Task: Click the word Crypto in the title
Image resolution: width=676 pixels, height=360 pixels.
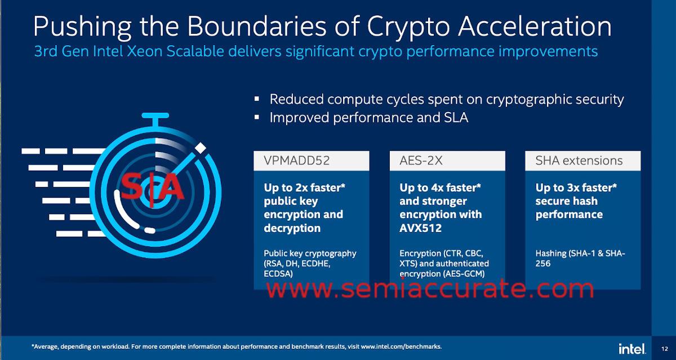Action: [408, 28]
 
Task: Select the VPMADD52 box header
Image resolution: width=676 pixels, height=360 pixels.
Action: [312, 161]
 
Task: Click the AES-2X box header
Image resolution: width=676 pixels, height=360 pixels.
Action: [447, 161]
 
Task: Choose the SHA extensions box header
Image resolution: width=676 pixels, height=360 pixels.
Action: [582, 161]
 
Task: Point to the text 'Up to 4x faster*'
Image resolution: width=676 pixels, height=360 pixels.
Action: [441, 188]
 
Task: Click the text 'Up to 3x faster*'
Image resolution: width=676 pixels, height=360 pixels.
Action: [576, 188]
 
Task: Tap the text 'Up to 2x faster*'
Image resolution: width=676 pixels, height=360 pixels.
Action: [305, 188]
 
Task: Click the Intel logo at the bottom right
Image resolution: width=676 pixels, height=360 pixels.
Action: [632, 349]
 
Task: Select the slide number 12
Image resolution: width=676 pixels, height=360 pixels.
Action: [664, 349]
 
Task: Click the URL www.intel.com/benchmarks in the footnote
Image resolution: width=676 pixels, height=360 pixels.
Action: [401, 346]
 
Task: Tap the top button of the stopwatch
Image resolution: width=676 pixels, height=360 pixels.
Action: [155, 115]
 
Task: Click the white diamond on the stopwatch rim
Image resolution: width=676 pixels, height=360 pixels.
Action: [200, 148]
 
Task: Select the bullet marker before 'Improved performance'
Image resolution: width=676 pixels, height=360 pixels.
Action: [257, 117]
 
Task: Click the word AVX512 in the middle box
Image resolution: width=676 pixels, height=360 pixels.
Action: [420, 228]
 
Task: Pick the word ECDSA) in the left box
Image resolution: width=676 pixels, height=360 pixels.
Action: [278, 274]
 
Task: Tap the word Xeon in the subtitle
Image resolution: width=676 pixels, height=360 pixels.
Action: [145, 51]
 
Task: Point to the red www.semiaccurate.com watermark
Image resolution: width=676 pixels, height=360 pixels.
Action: [430, 288]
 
